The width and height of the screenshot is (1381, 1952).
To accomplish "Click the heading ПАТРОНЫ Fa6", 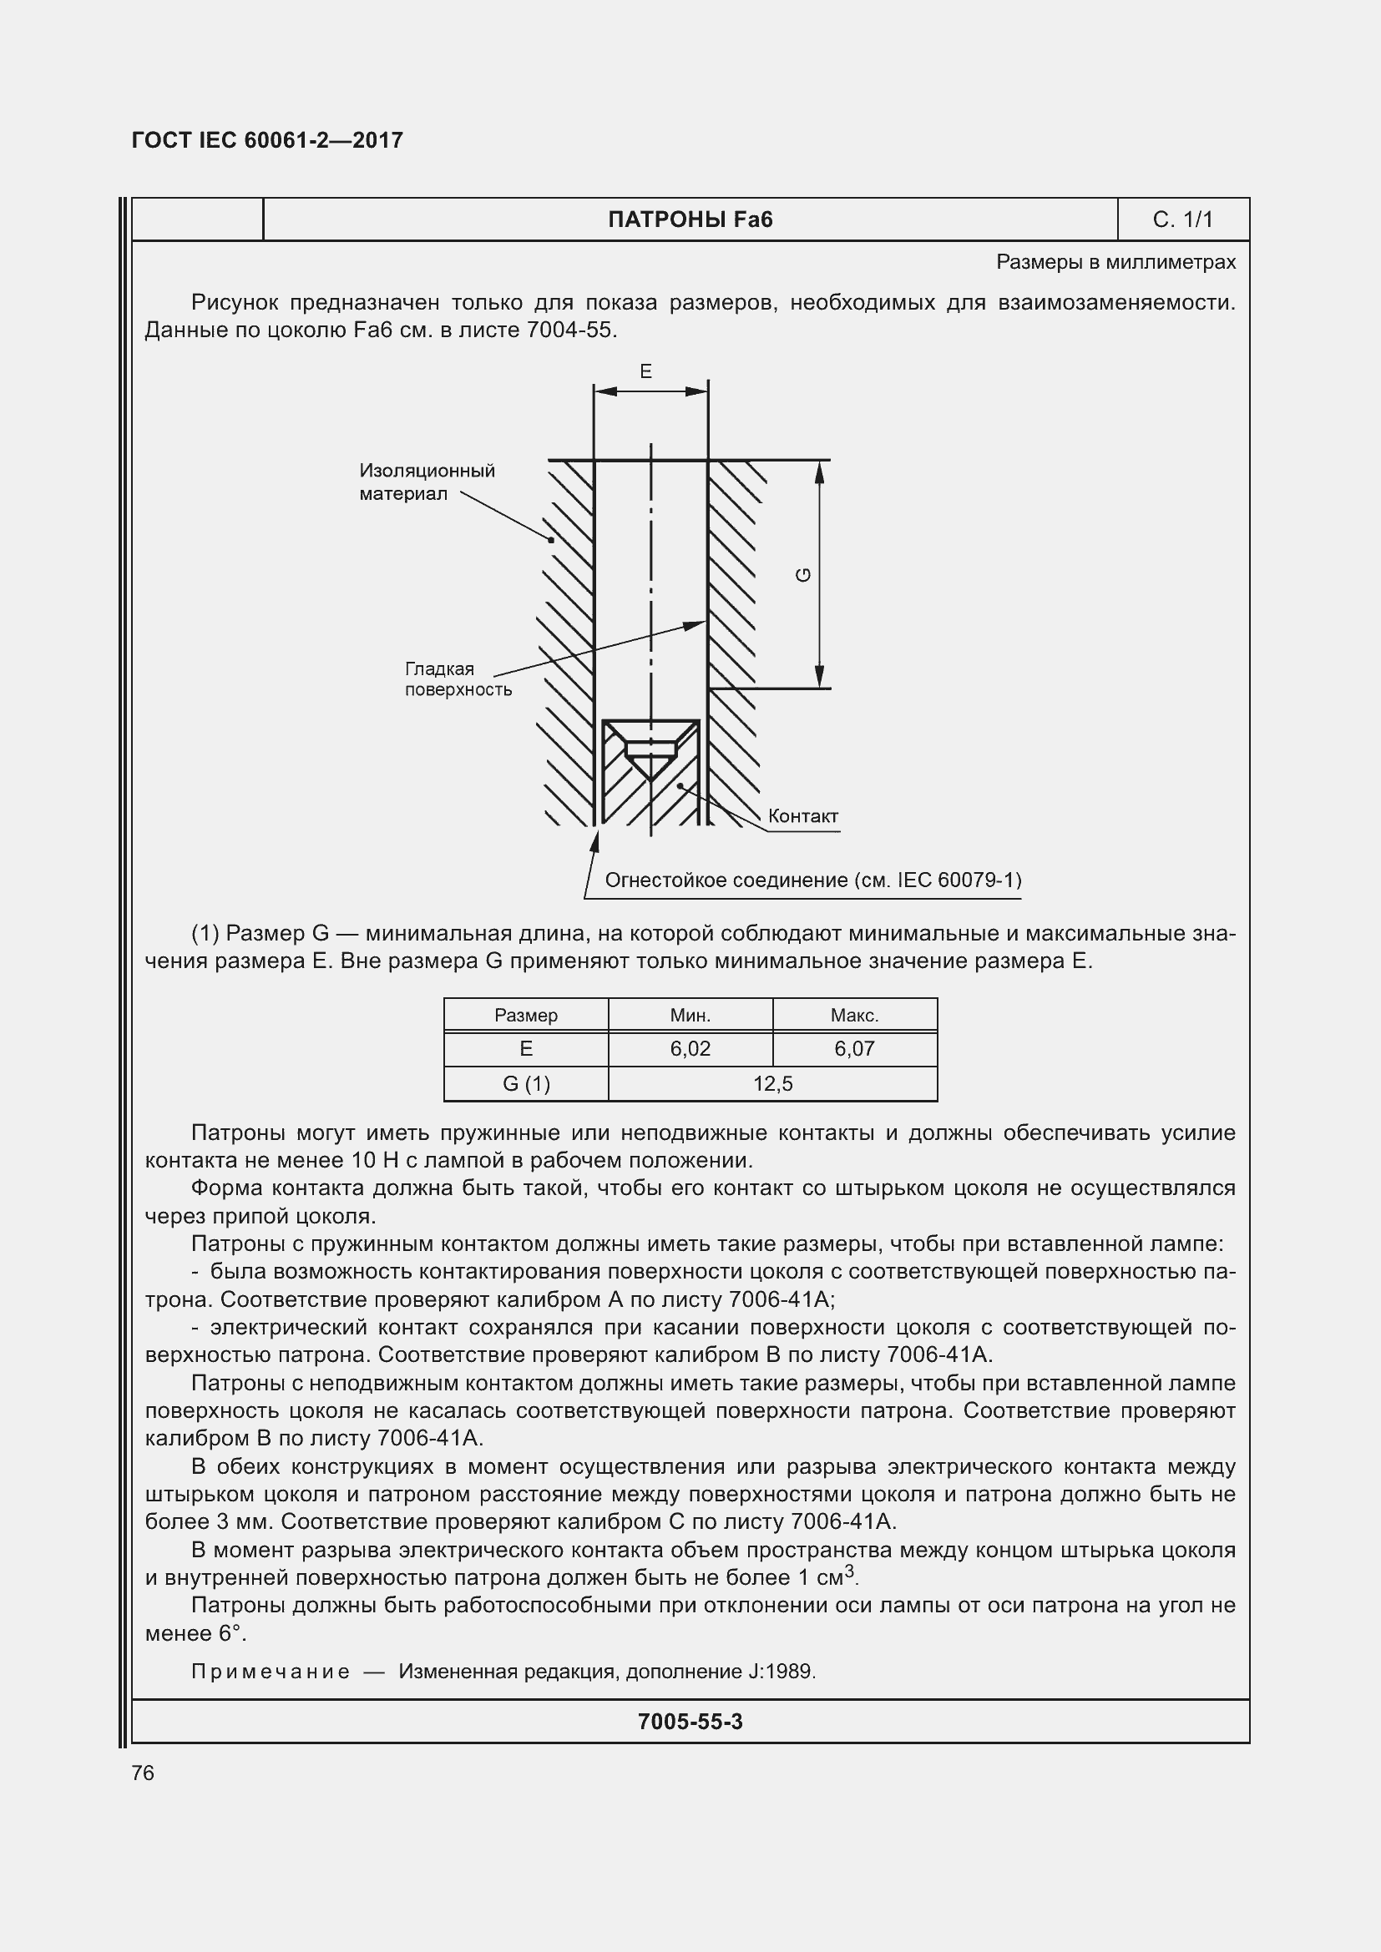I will tap(690, 220).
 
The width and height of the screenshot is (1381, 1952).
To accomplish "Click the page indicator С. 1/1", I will tap(1182, 220).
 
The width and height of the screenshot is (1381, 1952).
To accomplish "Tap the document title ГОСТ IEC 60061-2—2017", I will tap(267, 140).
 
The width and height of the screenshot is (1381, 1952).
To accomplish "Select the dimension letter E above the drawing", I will tap(645, 371).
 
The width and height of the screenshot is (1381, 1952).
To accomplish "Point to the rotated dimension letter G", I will tap(802, 576).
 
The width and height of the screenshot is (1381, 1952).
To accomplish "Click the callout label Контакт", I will tap(802, 816).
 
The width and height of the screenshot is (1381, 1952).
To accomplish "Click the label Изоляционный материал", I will tap(426, 482).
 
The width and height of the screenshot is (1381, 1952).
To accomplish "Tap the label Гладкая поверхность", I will tap(458, 679).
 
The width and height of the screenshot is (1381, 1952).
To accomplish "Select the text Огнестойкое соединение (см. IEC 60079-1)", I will tap(812, 880).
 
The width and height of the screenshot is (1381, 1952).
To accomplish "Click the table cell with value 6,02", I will tap(690, 1049).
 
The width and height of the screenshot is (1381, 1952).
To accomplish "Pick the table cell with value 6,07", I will tap(854, 1049).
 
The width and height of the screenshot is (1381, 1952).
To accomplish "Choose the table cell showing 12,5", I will tap(772, 1084).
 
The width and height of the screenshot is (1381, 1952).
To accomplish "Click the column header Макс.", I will tap(854, 1015).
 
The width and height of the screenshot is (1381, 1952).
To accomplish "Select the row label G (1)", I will tap(525, 1084).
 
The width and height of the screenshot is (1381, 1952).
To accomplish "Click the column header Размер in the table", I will tap(525, 1015).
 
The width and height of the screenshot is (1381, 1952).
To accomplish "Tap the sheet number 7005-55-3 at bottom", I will tap(690, 1722).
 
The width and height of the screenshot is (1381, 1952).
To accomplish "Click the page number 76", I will tap(143, 1773).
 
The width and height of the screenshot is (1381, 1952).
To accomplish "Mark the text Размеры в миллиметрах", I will tap(1115, 263).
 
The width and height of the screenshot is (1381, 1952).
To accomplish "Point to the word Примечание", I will tap(270, 1672).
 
